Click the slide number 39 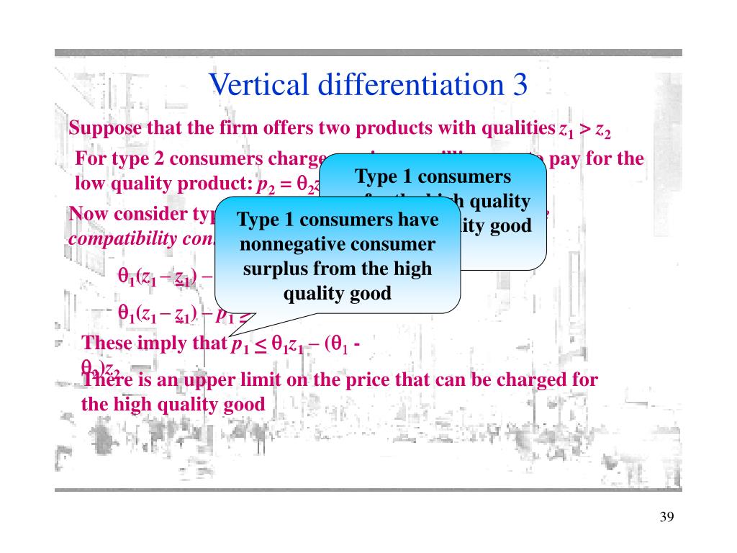tap(666, 518)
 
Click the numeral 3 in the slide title tap(520, 86)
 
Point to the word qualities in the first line tap(517, 129)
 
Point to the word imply tap(165, 343)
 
